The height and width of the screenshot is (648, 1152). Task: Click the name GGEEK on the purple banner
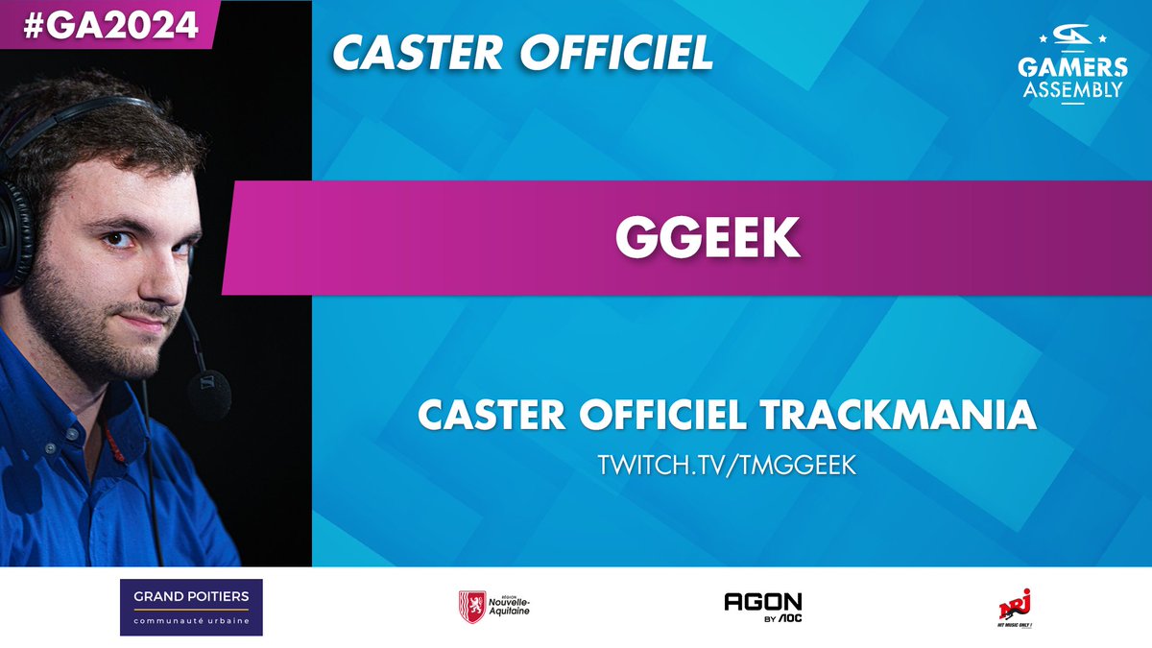coord(708,239)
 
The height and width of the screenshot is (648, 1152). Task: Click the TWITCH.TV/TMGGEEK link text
coord(727,465)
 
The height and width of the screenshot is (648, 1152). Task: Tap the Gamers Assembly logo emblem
coord(1073,39)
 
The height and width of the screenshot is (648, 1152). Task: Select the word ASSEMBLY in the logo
coord(1073,90)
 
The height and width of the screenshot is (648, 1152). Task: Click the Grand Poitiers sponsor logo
coord(191,607)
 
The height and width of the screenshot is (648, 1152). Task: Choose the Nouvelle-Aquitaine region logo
coord(494,607)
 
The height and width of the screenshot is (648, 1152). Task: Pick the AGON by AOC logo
coord(763,607)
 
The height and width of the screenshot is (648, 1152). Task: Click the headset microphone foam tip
coord(209,395)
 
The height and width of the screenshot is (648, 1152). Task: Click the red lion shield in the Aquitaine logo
coord(471,607)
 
